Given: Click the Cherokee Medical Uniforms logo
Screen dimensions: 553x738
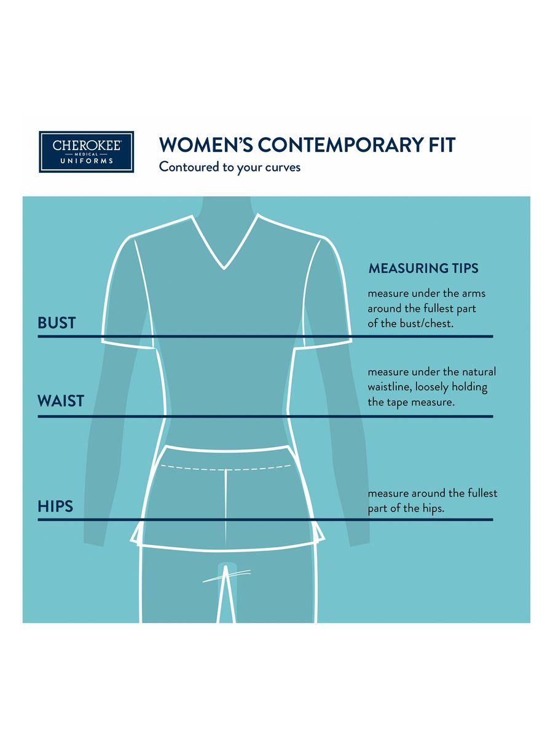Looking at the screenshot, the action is point(86,152).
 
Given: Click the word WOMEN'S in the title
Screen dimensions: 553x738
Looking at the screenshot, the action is point(206,145).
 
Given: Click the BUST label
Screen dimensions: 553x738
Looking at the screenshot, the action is point(57,323).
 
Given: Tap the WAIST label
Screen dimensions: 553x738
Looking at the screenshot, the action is point(61,401).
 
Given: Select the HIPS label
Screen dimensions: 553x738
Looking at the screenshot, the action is point(55,506).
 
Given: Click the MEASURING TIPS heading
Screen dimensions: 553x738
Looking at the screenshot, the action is point(423,268).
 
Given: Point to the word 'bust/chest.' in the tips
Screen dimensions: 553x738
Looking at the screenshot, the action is point(426,323).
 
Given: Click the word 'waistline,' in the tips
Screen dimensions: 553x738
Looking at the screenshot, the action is point(390,387).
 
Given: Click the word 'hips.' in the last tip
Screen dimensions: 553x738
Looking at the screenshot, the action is point(433,509).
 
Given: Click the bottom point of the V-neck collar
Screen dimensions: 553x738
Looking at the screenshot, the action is point(224,269).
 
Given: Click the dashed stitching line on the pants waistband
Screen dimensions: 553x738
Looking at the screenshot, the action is point(226,467).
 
